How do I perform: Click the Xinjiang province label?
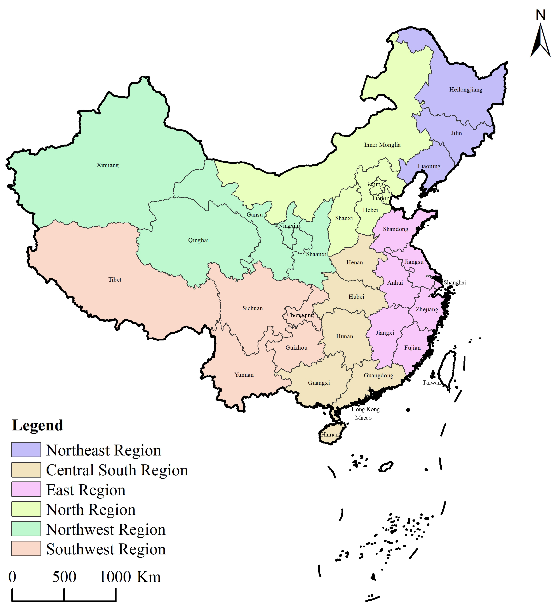click(108, 165)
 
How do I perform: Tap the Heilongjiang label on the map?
click(466, 90)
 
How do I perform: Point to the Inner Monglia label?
click(382, 145)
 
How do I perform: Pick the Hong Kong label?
click(365, 409)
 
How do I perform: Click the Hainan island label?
click(330, 435)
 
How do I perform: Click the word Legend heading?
click(38, 425)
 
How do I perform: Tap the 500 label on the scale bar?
click(64, 577)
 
